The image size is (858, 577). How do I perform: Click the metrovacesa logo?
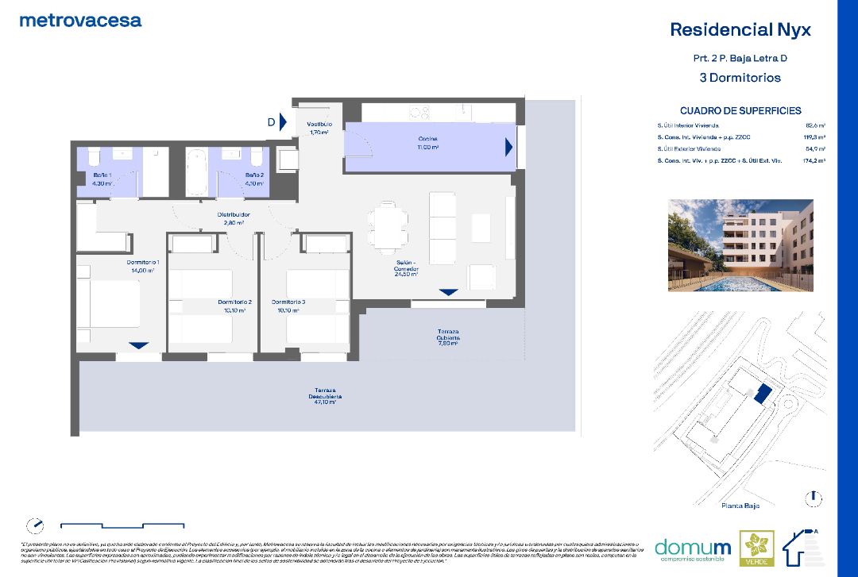click(80, 21)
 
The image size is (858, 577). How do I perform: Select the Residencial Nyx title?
click(740, 30)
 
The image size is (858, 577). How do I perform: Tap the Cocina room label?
click(428, 143)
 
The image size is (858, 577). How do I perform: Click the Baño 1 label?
click(102, 179)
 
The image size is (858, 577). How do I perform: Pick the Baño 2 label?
click(253, 179)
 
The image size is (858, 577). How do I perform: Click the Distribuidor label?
click(234, 218)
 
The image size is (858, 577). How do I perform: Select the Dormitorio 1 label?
click(143, 266)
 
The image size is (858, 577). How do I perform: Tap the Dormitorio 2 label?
click(234, 306)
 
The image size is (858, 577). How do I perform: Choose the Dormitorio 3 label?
click(288, 306)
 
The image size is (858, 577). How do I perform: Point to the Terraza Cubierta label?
click(448, 337)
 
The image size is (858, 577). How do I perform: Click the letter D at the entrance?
click(271, 122)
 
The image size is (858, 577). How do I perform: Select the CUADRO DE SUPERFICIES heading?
click(740, 111)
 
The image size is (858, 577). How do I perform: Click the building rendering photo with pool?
click(740, 245)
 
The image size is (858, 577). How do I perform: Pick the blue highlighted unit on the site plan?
click(762, 393)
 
